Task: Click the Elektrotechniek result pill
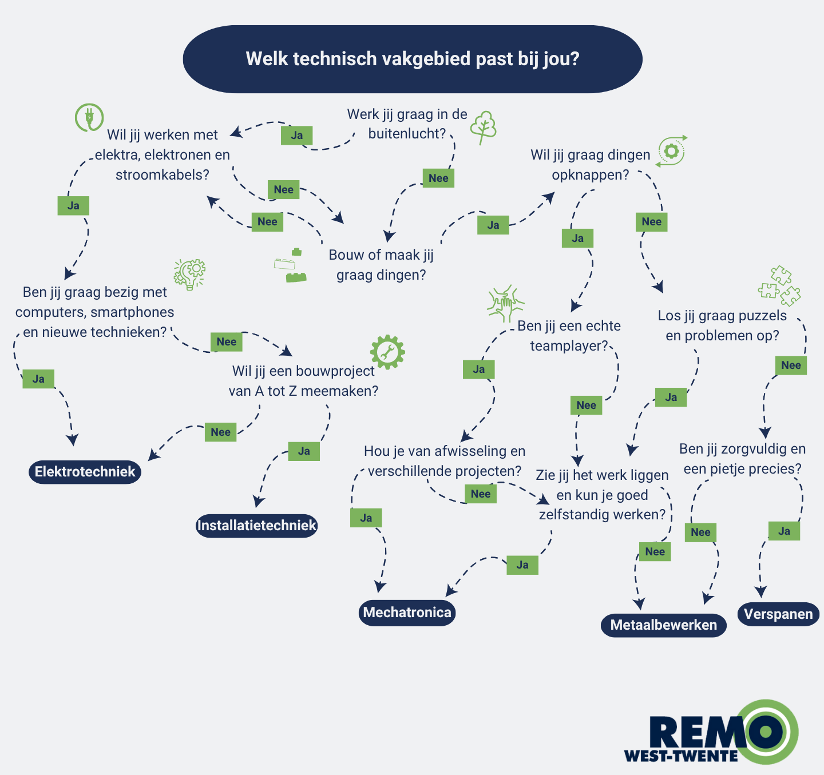tap(85, 472)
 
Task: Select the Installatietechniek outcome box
tap(256, 526)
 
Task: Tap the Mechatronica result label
tap(407, 613)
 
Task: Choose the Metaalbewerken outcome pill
tap(663, 625)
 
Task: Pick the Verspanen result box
tap(778, 614)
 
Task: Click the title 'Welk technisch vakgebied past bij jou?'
tap(413, 59)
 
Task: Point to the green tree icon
tap(484, 127)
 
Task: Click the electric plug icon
tap(89, 118)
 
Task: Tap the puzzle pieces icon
tap(779, 285)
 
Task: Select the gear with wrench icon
tap(387, 352)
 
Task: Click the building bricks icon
tap(290, 267)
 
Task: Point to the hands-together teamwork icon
tap(505, 303)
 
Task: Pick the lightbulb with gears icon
tap(190, 274)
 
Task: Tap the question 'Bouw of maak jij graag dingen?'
tap(381, 265)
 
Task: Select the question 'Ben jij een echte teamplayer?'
tap(569, 336)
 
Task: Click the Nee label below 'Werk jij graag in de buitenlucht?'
tap(438, 178)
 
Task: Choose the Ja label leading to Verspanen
tap(784, 531)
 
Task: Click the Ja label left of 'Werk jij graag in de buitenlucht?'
tap(296, 136)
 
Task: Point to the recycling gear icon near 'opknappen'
tap(671, 151)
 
